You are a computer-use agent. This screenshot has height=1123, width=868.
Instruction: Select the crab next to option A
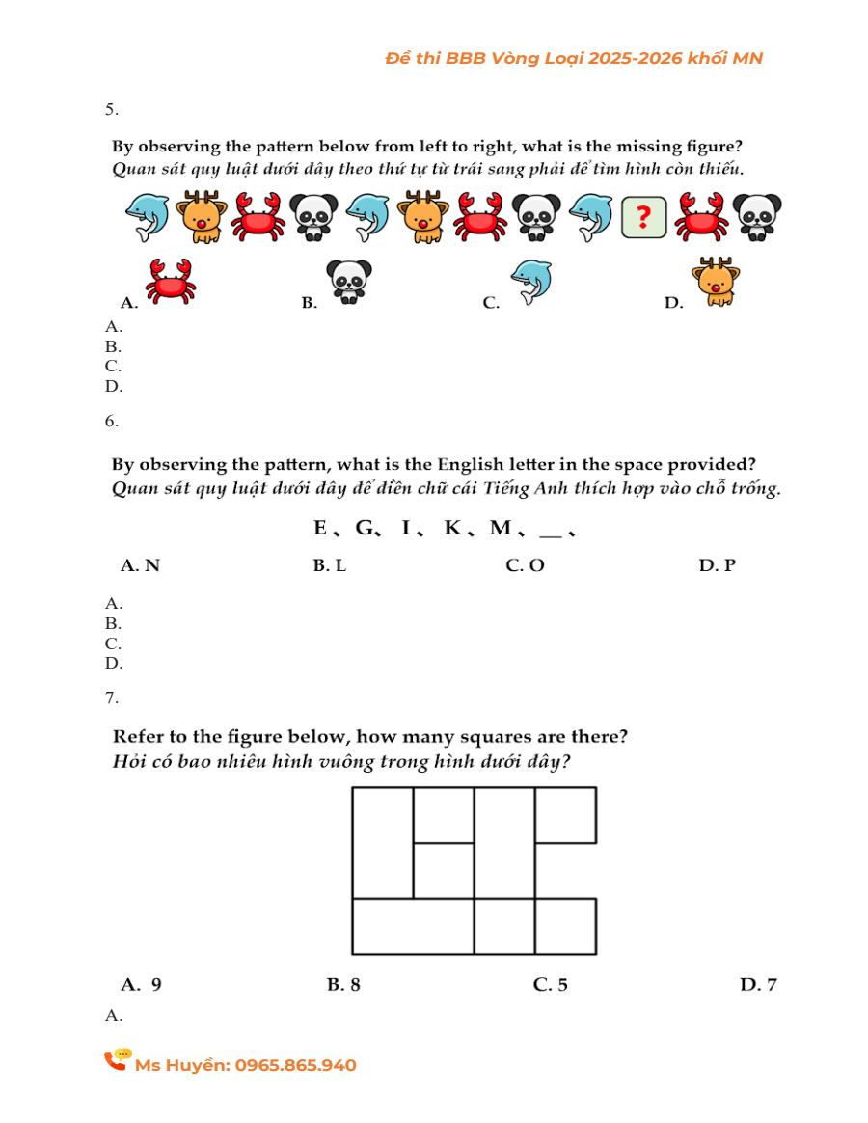171,281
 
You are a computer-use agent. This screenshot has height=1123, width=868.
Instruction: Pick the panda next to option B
348,281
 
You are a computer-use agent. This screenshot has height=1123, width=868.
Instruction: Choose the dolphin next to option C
529,281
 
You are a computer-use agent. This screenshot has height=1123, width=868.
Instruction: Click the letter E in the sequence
320,528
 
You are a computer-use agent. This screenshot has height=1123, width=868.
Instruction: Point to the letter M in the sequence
501,528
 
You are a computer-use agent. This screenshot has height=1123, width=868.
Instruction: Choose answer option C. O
525,565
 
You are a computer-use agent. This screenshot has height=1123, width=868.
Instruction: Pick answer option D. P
717,565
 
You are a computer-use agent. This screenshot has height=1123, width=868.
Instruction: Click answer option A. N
140,565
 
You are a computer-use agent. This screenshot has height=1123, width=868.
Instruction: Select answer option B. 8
343,984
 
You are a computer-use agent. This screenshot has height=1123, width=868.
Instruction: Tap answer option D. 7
758,984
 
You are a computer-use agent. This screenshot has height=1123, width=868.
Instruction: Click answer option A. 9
141,984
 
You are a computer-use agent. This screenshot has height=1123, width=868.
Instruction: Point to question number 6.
112,421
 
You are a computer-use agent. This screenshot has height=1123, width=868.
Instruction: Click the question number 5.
112,109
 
